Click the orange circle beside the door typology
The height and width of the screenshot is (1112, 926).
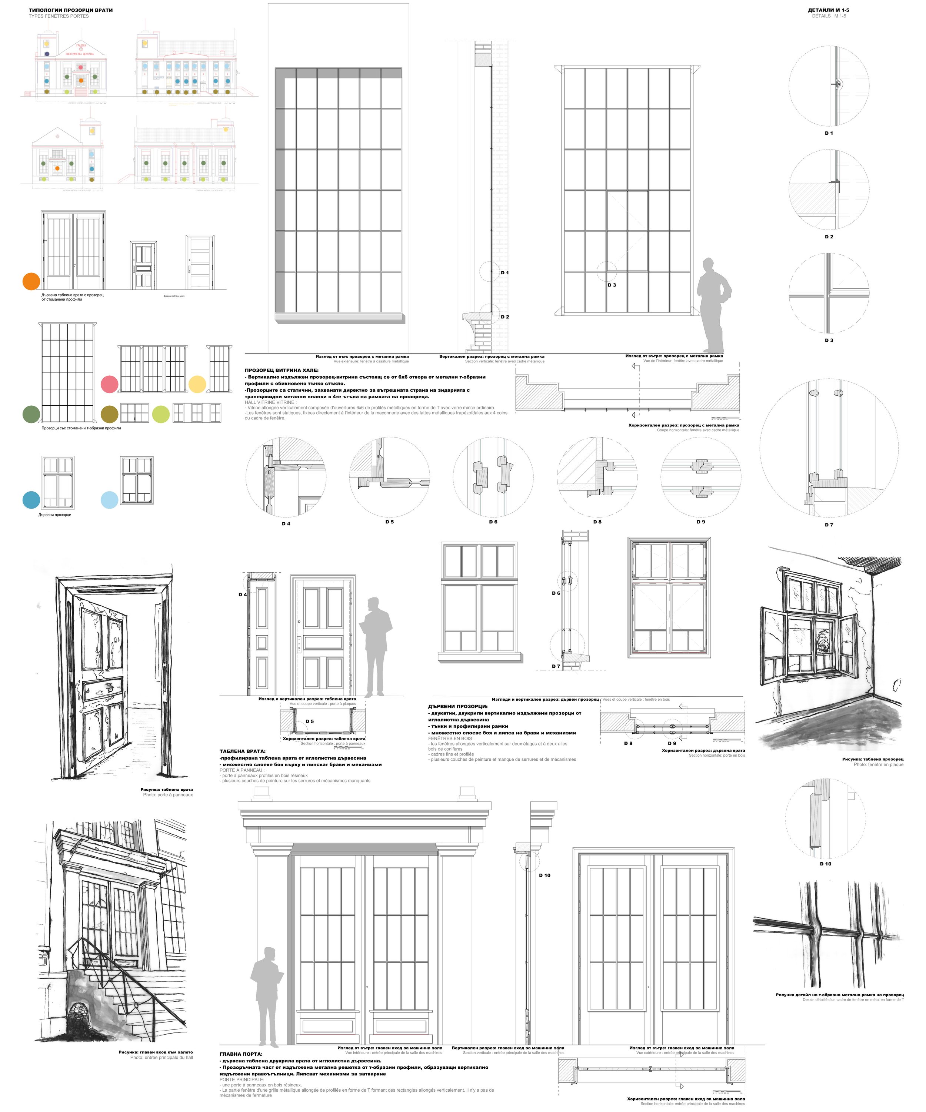point(31,281)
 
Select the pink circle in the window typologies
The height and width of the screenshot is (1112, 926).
point(109,384)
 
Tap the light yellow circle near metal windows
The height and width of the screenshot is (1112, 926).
point(197,384)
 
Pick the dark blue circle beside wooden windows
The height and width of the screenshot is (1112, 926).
point(31,500)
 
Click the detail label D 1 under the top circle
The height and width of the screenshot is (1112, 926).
point(829,133)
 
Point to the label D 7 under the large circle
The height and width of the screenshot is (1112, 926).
point(829,525)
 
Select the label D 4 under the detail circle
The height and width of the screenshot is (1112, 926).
point(286,523)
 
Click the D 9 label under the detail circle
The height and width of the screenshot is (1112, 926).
point(700,522)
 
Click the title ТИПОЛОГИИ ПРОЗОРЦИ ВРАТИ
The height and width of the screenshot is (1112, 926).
point(70,10)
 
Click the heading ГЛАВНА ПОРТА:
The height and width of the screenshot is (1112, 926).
point(240,1054)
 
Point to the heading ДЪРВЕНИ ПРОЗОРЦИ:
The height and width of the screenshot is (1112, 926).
point(458,706)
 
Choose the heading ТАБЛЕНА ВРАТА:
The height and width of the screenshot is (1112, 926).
point(243,751)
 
